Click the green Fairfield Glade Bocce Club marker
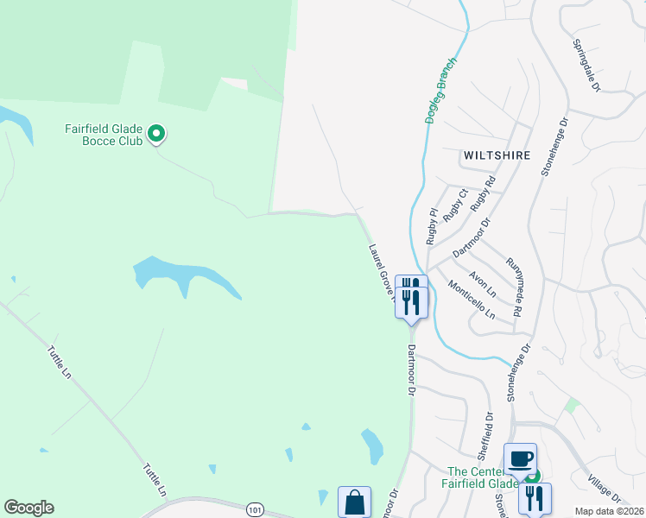coord(156,134)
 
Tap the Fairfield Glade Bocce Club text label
coord(104,135)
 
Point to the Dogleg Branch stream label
coord(441,91)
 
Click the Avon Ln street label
coord(481,285)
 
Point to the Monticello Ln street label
coord(471,300)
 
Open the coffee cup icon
coord(520,458)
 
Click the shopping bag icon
coord(354,502)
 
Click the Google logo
coord(28,508)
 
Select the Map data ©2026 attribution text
coord(610,511)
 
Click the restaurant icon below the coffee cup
coord(535,498)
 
